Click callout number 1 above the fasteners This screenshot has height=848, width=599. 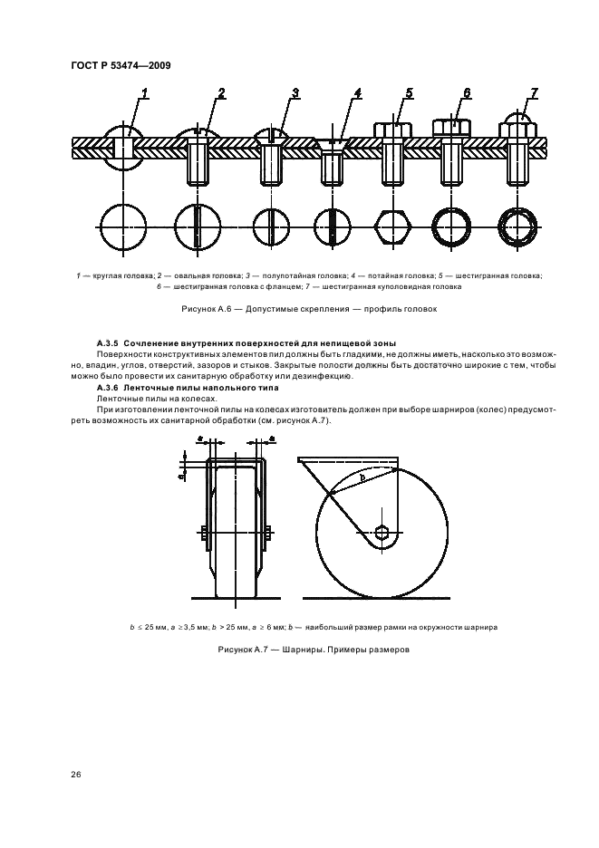[145, 93]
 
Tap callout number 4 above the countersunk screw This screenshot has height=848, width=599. [357, 94]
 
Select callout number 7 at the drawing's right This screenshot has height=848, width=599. [534, 93]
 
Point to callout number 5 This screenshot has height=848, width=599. [409, 93]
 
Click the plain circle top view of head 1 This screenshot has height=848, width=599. [124, 226]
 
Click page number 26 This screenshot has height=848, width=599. [75, 775]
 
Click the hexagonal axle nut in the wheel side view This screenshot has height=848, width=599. [382, 533]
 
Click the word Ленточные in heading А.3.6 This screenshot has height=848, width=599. [154, 387]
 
